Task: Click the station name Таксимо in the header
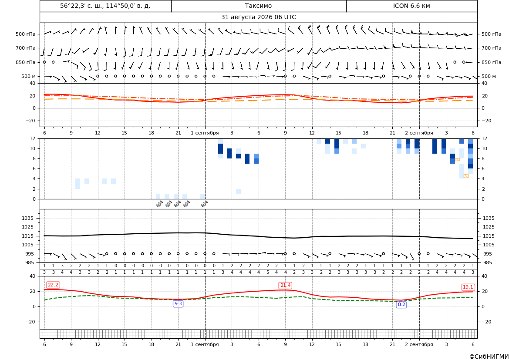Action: (x=258, y=6)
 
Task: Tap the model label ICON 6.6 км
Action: (x=411, y=6)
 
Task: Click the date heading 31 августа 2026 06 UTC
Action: (x=258, y=17)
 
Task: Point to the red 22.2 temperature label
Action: (x=53, y=285)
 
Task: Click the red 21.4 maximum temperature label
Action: (x=285, y=285)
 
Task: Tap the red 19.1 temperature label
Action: (x=468, y=287)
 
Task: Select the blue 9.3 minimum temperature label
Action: (x=178, y=303)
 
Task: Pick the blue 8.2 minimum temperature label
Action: (x=401, y=304)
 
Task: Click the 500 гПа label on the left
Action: (x=26, y=34)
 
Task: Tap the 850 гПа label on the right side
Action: (x=492, y=62)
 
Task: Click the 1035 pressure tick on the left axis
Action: (x=29, y=218)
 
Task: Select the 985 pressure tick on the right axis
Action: (x=487, y=262)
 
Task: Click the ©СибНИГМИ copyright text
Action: (x=489, y=357)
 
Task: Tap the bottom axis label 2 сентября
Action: (x=419, y=344)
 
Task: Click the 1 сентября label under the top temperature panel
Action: (x=205, y=133)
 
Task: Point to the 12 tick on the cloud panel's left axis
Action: (x=33, y=138)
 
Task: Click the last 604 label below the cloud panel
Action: (x=204, y=204)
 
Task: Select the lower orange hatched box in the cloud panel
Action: (x=466, y=176)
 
